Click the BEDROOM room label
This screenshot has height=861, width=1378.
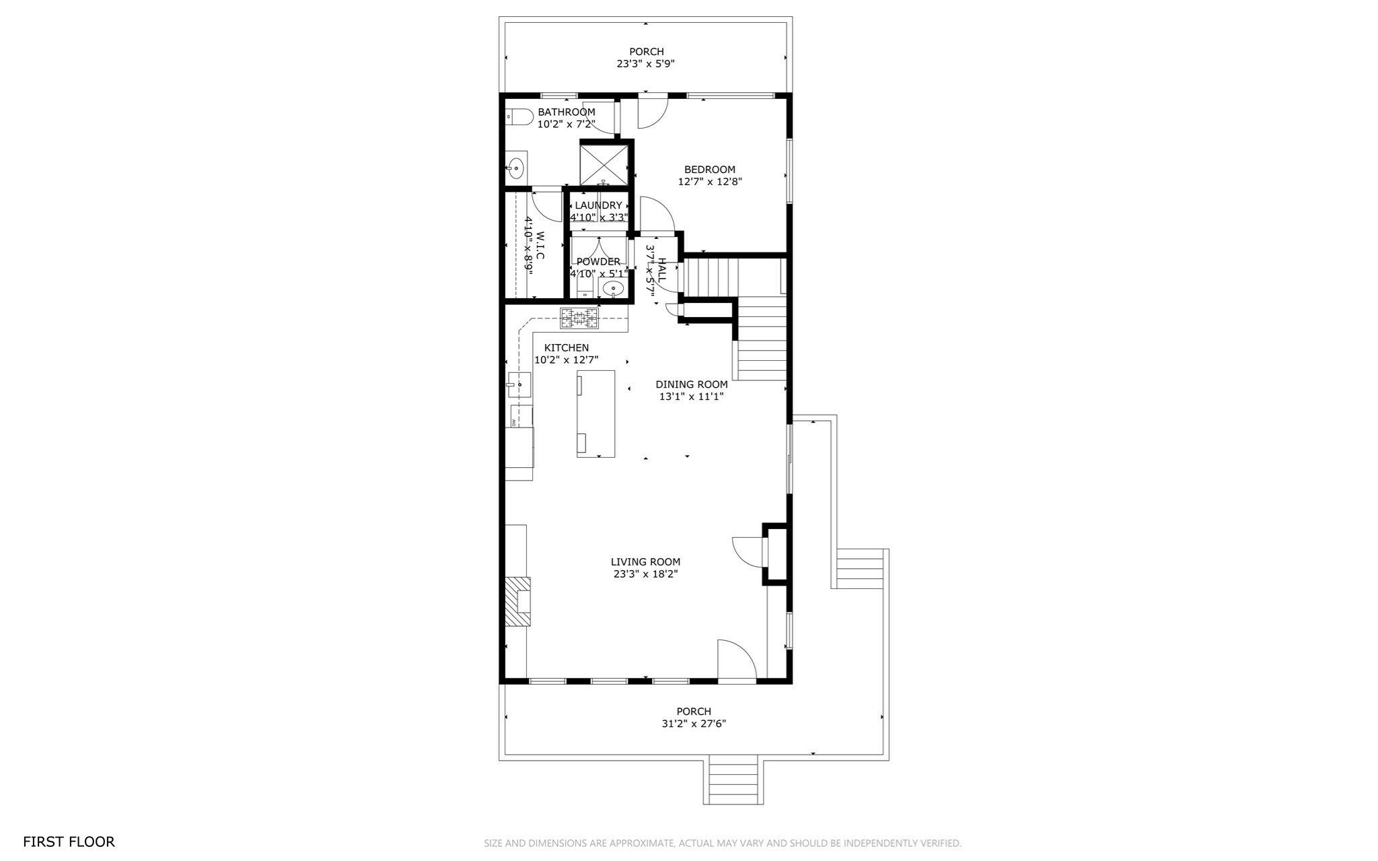709,170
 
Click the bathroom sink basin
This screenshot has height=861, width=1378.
516,167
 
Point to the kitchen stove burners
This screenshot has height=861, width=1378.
579,318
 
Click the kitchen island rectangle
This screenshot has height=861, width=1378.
595,413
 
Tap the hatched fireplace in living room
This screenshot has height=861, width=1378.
518,600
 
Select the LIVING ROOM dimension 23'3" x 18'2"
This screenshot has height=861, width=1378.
645,574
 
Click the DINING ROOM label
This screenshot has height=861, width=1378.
691,384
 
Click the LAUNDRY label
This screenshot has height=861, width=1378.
598,205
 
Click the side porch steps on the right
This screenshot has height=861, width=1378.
859,569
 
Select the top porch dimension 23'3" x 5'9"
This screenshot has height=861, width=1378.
646,64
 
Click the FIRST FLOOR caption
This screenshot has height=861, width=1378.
69,841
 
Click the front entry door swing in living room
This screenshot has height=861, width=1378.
737,660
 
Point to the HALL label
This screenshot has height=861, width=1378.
662,269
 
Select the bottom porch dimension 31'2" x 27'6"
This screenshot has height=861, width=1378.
694,724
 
